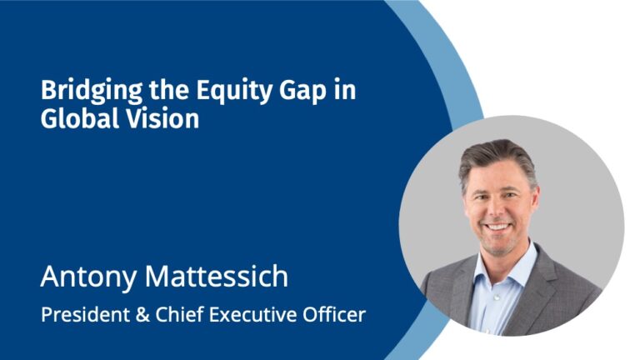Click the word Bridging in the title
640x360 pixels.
[x=92, y=91]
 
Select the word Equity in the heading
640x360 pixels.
[x=234, y=91]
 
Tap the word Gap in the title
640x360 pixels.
[x=302, y=92]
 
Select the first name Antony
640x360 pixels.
[x=88, y=277]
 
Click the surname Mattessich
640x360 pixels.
[x=217, y=277]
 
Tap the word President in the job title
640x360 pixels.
[x=86, y=315]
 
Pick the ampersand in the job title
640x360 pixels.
[x=142, y=315]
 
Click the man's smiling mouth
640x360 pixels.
[x=497, y=226]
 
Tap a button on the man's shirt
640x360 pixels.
[x=497, y=298]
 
